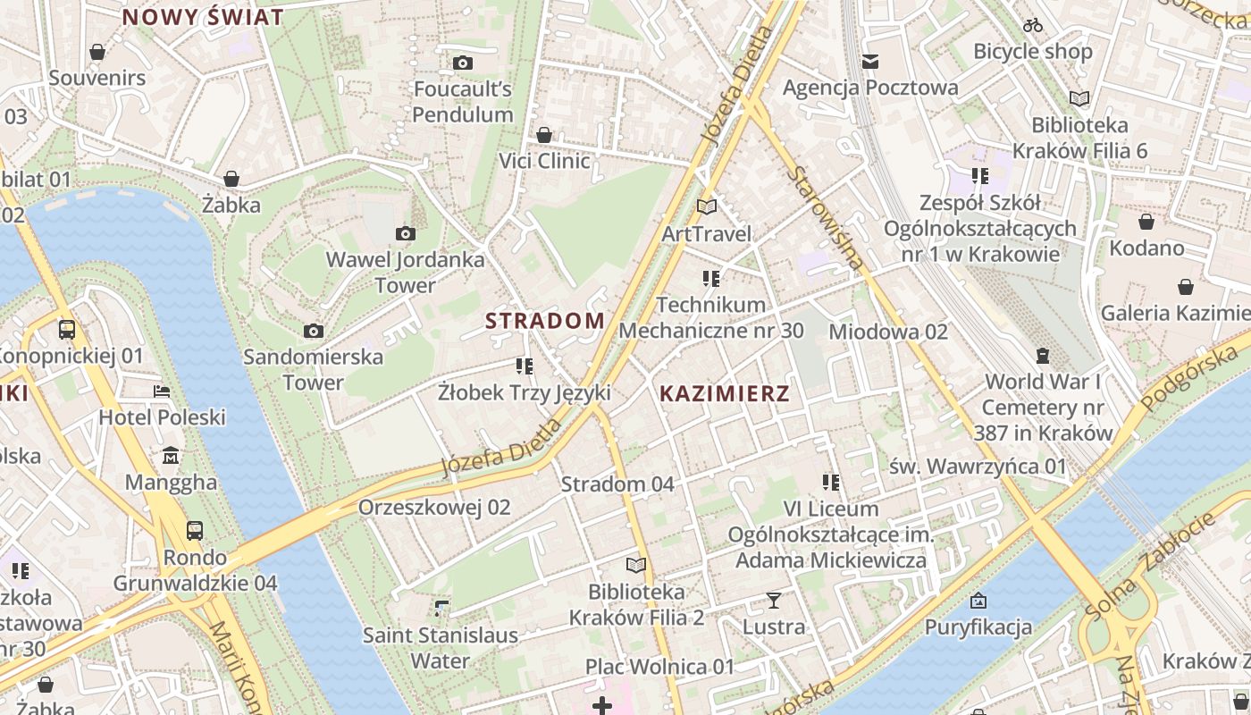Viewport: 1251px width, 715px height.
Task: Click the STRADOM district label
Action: (x=545, y=321)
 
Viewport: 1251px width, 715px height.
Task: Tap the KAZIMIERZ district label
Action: (x=724, y=393)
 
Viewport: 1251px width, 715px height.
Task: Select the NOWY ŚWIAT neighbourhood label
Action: (x=203, y=17)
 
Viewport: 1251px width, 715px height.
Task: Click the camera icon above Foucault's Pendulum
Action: (x=462, y=63)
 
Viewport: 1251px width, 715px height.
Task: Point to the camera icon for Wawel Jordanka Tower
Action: (x=405, y=234)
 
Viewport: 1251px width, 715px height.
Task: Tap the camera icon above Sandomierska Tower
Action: (x=313, y=332)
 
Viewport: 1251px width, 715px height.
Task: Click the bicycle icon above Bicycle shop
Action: (x=1033, y=25)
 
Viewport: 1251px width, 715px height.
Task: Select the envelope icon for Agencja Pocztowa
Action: (x=870, y=62)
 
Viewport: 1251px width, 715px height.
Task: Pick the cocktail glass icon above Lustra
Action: (x=774, y=601)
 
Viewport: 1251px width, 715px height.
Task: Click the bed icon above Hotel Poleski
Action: (x=162, y=391)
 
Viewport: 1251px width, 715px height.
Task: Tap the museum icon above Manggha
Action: (x=171, y=457)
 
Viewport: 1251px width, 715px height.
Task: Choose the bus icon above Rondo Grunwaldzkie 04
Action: (x=195, y=531)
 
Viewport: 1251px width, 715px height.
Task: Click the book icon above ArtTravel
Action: (x=707, y=207)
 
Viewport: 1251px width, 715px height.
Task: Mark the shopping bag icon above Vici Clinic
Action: (x=544, y=135)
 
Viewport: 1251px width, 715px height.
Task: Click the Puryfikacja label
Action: (x=978, y=627)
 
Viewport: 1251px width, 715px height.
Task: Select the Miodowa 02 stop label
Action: (x=888, y=332)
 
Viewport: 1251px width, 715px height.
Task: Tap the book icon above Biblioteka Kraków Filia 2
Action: (x=635, y=566)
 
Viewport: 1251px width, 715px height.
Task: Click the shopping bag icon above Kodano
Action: (x=1146, y=222)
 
